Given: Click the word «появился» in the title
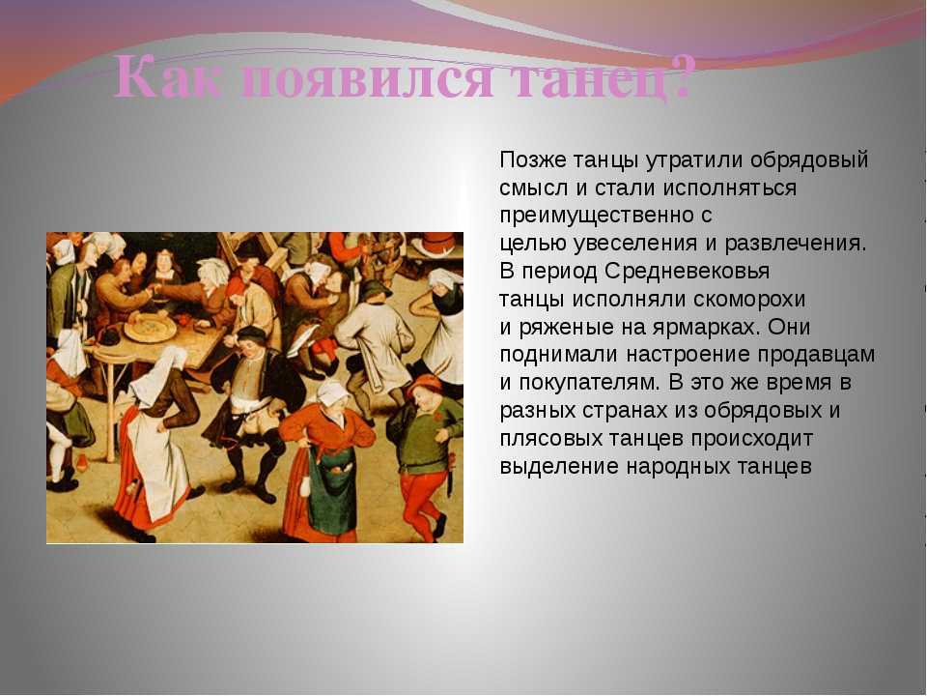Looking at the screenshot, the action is (368, 78).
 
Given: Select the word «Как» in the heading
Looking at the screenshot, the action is (169, 77).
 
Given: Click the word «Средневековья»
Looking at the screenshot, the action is (687, 271).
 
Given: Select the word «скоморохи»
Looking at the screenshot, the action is (749, 299).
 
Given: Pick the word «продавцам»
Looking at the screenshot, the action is (816, 355).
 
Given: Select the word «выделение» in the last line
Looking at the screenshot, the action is (559, 466).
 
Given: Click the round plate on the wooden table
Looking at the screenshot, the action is (151, 329).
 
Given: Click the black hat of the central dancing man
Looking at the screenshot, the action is (251, 333).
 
